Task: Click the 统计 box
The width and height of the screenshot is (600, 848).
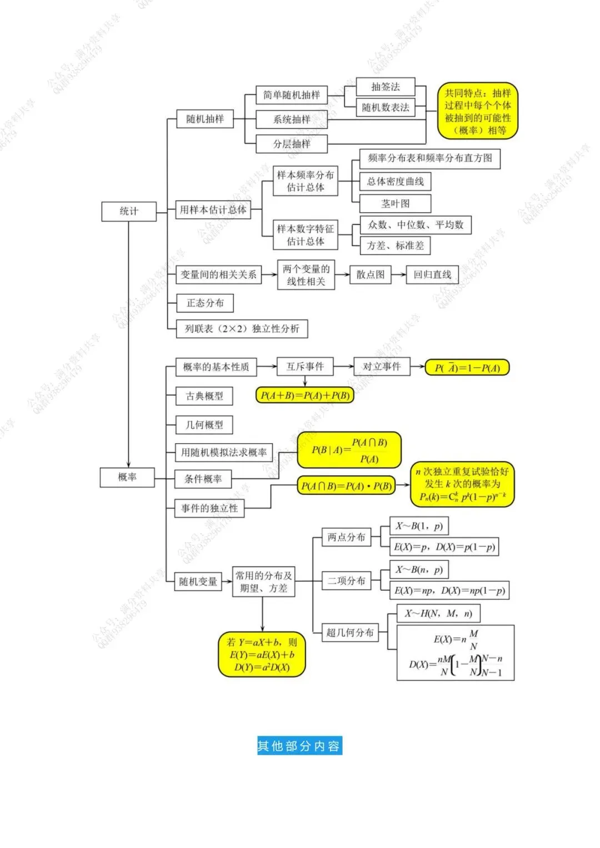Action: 129,211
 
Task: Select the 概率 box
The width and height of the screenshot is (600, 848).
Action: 127,477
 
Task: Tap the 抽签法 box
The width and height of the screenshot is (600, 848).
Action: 385,87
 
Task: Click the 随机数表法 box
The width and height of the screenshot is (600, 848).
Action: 385,107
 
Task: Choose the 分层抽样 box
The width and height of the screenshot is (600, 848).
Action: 291,144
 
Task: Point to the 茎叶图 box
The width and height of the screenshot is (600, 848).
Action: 395,203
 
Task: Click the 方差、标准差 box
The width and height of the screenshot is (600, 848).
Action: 395,245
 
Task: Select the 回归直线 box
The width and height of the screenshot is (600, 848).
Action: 432,274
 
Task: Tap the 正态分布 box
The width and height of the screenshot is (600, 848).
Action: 205,303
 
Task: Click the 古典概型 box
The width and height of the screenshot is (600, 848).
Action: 204,396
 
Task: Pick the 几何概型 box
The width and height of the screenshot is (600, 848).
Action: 204,425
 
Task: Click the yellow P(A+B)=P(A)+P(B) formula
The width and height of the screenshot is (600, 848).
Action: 305,395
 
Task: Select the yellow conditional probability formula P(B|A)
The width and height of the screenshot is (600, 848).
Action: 349,450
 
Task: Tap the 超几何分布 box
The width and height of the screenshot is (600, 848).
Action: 350,633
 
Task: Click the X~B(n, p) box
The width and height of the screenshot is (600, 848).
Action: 419,570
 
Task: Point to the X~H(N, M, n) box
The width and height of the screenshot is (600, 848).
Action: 438,614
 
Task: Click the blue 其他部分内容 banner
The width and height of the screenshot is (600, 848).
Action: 299,746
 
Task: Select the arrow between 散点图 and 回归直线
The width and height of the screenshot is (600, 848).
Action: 398,274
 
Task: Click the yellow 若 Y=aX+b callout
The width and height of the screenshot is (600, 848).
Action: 262,654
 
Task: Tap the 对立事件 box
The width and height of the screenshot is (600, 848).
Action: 382,367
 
